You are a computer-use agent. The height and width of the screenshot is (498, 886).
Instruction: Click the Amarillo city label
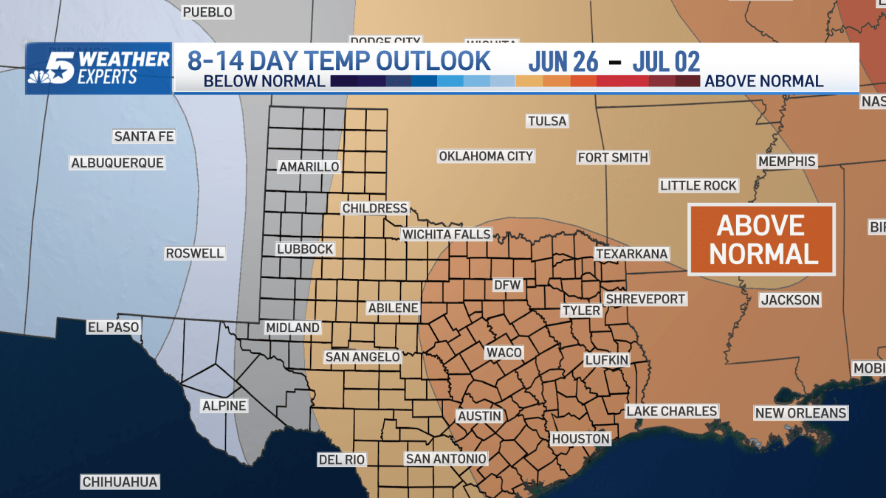point(309,167)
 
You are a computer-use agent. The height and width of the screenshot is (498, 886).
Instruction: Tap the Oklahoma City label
point(486,156)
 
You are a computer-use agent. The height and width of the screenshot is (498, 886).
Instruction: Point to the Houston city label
point(581,439)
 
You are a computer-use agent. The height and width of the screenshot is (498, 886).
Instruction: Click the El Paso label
point(113,326)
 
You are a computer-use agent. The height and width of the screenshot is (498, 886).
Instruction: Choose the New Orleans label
point(800,413)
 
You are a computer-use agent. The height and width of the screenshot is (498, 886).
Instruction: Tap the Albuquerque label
point(117,162)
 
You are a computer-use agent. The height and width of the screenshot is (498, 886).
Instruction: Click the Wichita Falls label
point(446,235)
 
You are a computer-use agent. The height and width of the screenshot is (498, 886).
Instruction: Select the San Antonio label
point(446,459)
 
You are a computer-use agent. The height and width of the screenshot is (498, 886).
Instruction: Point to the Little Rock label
point(698,185)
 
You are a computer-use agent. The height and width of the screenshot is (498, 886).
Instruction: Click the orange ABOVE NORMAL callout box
point(761,239)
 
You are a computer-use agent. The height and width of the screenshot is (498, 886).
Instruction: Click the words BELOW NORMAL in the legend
point(264,81)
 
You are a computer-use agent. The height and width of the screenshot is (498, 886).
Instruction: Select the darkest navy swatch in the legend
point(344,81)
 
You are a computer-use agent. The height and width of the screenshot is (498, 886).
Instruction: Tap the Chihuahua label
point(120,482)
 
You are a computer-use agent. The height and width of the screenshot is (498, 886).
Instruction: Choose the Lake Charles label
point(671,411)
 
